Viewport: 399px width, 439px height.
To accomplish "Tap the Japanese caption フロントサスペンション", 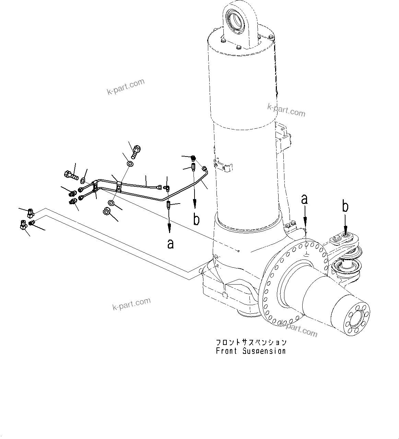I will [251, 342].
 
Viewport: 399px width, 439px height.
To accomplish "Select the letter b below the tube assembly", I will [196, 219].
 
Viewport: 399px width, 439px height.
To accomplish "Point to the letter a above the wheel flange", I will [304, 199].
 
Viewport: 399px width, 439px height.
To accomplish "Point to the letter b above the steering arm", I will [345, 207].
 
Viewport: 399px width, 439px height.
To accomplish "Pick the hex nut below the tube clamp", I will [106, 212].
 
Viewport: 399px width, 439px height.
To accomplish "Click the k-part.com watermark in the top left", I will [126, 87].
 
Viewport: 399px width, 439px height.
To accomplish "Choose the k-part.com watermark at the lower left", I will [131, 304].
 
